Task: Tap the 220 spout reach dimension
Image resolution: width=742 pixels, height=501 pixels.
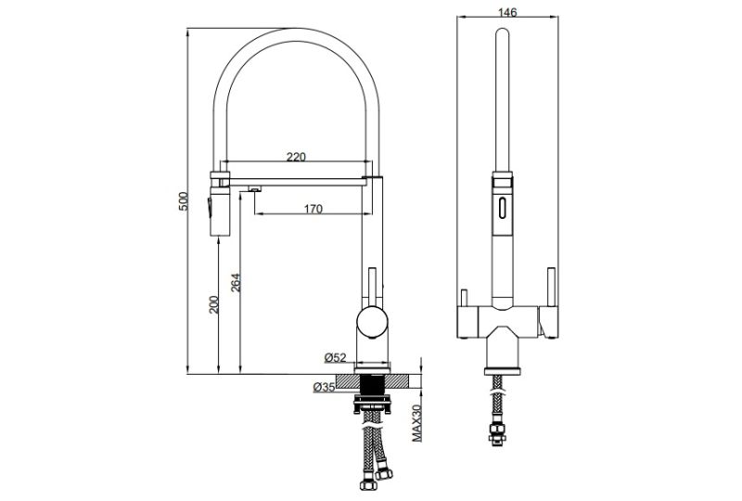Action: pos(295,158)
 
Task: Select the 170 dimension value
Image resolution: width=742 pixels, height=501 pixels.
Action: pos(313,209)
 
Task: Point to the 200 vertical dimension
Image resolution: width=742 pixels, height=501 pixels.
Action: pos(214,304)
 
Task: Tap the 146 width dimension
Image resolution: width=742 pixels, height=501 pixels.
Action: pos(506,12)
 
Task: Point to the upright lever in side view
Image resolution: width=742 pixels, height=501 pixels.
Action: pos(373,286)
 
